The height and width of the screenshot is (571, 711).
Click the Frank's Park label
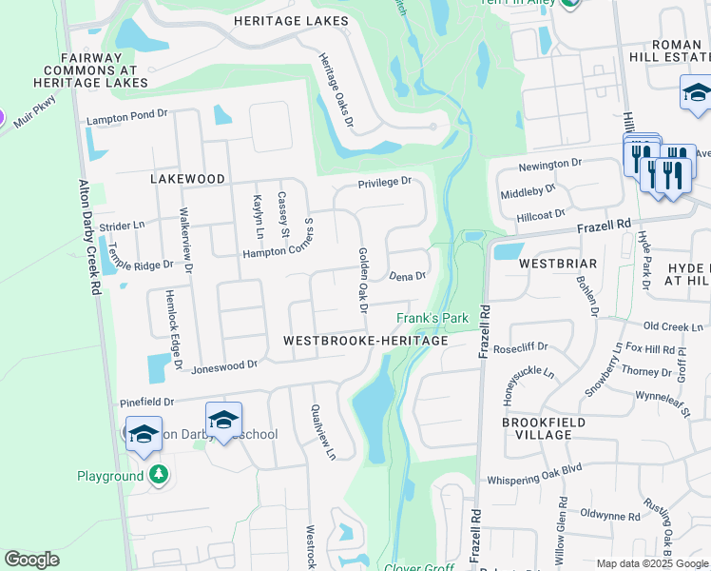coord(433,318)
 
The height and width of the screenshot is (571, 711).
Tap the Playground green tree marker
coord(160,473)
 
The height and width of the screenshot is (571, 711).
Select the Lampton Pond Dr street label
coord(126,120)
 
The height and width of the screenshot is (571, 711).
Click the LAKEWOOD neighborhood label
coord(187,179)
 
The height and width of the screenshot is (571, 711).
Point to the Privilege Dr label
coord(384,182)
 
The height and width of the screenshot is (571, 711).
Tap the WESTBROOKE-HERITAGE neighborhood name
coord(365,341)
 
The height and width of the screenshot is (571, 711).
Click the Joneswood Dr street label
coord(224,365)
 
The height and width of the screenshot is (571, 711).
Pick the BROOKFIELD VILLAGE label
coord(537,427)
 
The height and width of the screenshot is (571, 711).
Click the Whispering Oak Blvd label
coord(533,481)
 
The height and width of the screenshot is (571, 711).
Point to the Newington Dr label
coord(549,165)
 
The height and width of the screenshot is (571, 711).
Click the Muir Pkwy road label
coord(34,105)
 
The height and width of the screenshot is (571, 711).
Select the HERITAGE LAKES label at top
coord(291,21)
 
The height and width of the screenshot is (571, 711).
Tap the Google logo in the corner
coord(31,560)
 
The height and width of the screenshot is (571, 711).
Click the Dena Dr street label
coord(407,276)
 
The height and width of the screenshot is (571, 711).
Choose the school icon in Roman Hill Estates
coord(697,95)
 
